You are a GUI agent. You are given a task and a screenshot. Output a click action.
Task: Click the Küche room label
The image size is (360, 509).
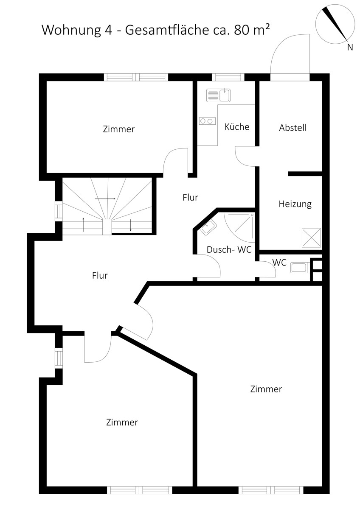point(237,126)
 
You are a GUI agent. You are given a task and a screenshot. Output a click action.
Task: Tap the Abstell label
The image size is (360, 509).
point(292,128)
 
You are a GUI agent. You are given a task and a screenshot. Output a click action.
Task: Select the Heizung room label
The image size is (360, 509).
point(295,204)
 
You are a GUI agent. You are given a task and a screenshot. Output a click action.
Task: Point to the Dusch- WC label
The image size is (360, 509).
point(229,249)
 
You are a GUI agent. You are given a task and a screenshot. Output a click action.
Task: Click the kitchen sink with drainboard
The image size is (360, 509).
point(218,95)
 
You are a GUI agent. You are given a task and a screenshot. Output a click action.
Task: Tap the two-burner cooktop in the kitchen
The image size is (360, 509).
point(207,121)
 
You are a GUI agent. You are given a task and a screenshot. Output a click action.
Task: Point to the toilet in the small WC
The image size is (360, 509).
point(300,267)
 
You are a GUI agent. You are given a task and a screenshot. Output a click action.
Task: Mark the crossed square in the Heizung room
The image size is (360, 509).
point(311,238)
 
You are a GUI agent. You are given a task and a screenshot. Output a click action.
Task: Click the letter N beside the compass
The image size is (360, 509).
point(350,47)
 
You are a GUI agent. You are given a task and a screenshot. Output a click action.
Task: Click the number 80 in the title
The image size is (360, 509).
point(242,30)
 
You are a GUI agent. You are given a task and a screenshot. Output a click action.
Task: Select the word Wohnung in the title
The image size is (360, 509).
point(71,30)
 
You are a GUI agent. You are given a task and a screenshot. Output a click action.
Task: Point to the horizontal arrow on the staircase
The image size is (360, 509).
point(105,199)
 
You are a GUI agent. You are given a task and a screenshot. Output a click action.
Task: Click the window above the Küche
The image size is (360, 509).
point(228,77)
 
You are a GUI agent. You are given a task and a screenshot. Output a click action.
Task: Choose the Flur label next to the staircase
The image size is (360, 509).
point(190,197)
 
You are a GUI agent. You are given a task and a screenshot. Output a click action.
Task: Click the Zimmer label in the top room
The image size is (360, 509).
point(119,129)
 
